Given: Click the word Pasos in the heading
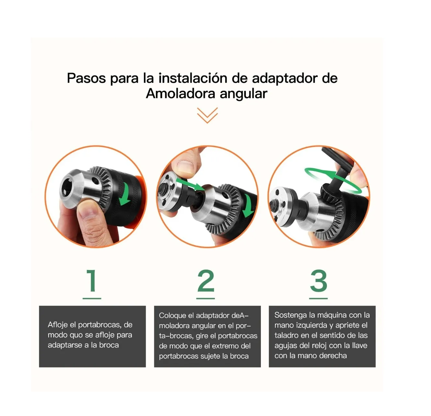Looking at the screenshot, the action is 86,78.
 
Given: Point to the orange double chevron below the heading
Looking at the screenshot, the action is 207,115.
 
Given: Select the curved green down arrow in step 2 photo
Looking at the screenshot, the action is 249,205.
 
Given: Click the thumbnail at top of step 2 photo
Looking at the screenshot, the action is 185,164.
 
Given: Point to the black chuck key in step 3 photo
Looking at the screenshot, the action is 337,173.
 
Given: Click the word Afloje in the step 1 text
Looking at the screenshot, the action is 58,325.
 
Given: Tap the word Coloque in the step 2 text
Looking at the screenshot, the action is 172,316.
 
